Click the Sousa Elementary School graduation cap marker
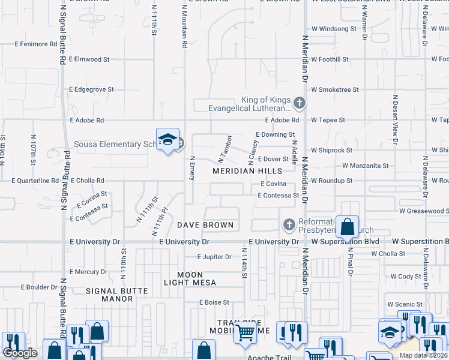167,140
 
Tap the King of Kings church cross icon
300,104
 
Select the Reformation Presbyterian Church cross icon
289,225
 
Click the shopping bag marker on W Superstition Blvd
347,227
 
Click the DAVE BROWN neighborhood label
205,225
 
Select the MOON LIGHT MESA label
191,278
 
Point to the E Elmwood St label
89,59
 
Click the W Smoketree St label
334,89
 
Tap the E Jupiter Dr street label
214,257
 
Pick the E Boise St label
214,302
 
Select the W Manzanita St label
366,165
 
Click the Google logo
20,353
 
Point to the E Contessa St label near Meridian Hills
278,196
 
